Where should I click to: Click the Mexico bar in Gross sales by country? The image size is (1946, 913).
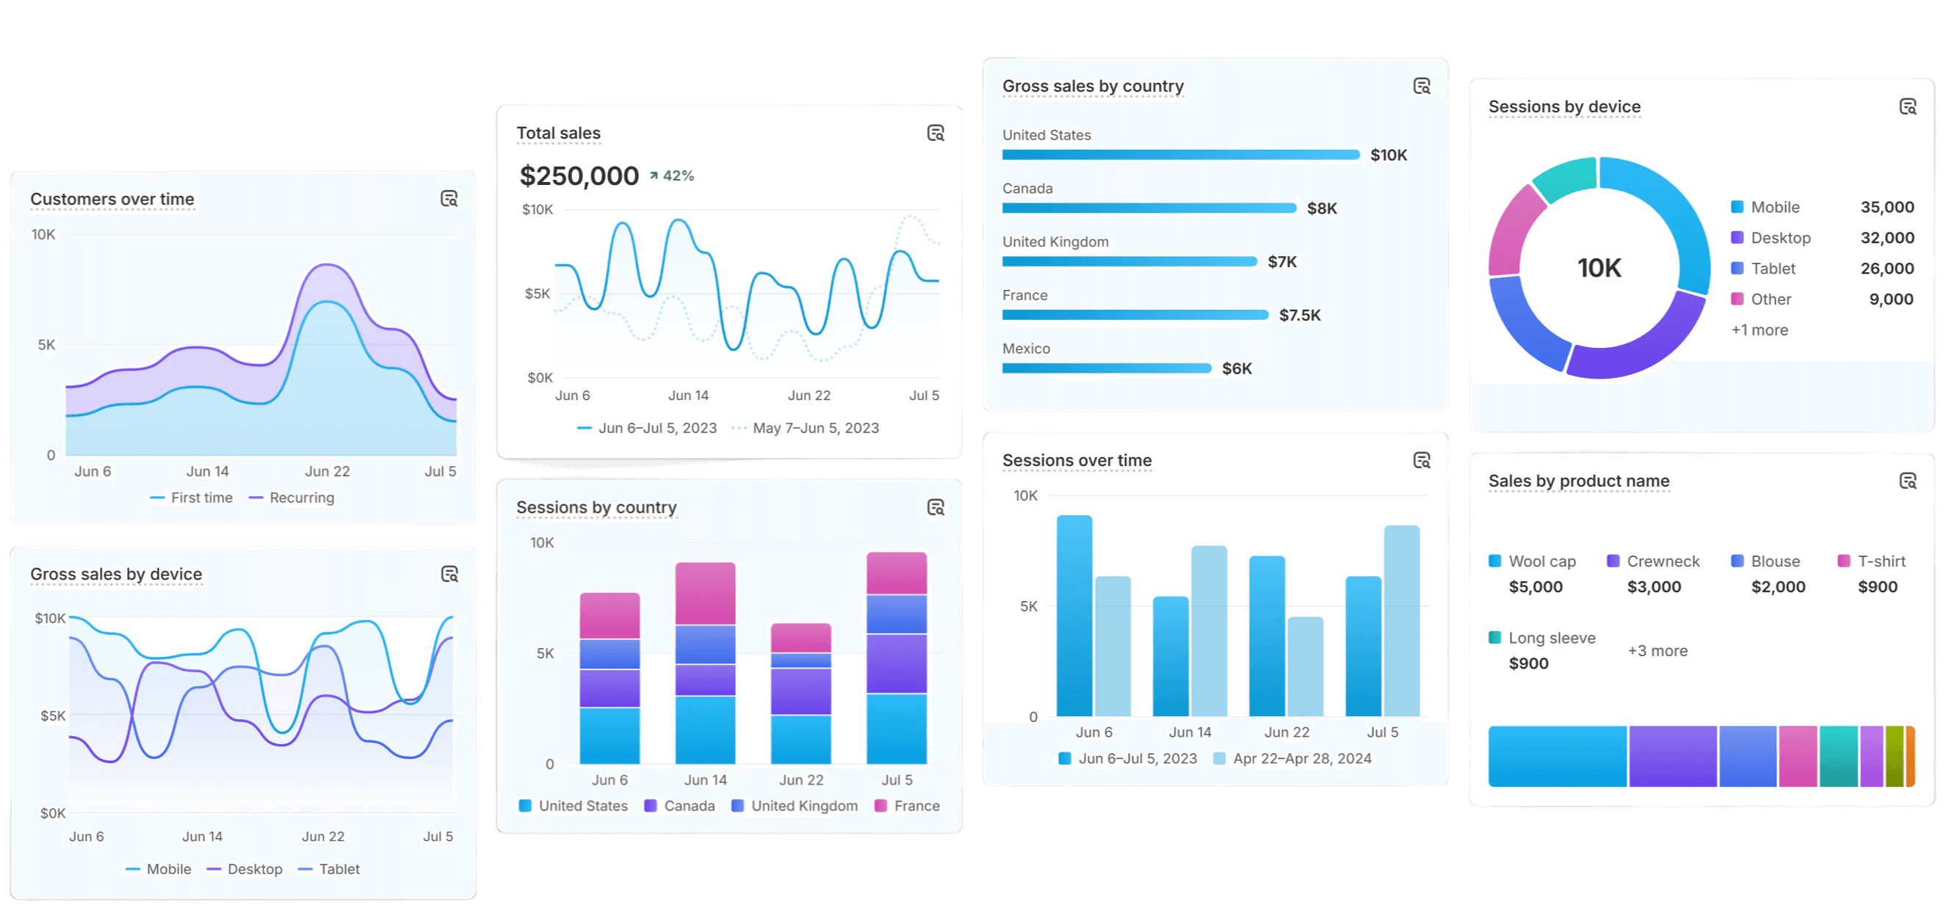tap(1106, 368)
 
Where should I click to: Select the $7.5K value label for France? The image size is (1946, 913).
tap(1299, 316)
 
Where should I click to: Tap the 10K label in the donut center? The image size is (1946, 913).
tap(1599, 268)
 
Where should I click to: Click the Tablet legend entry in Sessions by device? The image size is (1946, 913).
tap(1772, 269)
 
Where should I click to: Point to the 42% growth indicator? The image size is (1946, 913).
tap(672, 176)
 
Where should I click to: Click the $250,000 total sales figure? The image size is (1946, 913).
tap(579, 176)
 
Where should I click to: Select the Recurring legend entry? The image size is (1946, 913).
tap(300, 498)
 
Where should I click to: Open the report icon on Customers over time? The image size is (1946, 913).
tap(449, 199)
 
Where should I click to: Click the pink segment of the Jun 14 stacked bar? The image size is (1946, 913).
tap(705, 594)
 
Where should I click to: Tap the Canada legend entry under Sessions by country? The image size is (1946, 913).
tap(688, 806)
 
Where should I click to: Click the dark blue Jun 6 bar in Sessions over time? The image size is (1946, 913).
tap(1074, 616)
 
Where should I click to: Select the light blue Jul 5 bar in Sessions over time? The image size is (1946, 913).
tap(1401, 621)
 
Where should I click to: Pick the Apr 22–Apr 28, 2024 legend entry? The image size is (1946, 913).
tap(1301, 758)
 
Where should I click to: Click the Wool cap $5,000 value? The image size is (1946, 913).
tap(1535, 586)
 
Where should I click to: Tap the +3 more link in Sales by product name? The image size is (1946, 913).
tap(1657, 651)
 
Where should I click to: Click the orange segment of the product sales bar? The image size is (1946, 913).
tap(1911, 757)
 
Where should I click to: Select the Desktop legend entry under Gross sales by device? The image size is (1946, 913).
tap(254, 869)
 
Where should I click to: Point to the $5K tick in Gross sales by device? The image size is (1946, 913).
tap(53, 716)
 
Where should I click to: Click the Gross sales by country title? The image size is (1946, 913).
tap(1093, 86)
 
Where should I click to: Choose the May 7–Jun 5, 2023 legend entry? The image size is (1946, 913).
tap(815, 428)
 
